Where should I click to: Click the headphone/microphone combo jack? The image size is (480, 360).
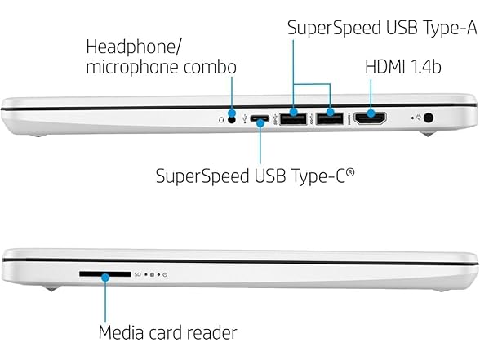tap(233, 120)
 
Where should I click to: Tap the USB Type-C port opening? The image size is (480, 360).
tap(260, 118)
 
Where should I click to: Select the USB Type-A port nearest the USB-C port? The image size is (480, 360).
tap(293, 119)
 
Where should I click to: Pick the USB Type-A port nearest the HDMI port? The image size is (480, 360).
tap(330, 119)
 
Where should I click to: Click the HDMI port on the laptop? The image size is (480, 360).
tap(370, 118)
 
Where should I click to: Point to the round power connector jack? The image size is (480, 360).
tap(429, 118)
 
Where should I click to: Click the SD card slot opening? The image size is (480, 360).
tap(105, 274)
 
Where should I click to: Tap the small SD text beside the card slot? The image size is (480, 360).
tap(138, 274)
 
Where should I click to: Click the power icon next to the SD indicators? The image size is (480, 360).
tap(165, 274)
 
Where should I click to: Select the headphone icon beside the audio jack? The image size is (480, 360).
tap(222, 120)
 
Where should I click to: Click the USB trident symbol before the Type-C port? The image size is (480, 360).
tap(244, 119)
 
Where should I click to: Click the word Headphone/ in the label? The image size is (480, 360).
tap(134, 47)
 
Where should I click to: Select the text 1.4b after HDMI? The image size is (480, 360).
tap(425, 66)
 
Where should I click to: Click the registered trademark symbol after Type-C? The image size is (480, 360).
tap(350, 172)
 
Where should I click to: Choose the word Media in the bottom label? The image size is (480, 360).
tap(121, 332)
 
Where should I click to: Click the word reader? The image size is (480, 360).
tap(212, 332)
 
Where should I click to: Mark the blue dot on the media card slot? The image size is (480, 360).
tap(105, 278)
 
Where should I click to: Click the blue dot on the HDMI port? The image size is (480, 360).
tap(371, 113)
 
